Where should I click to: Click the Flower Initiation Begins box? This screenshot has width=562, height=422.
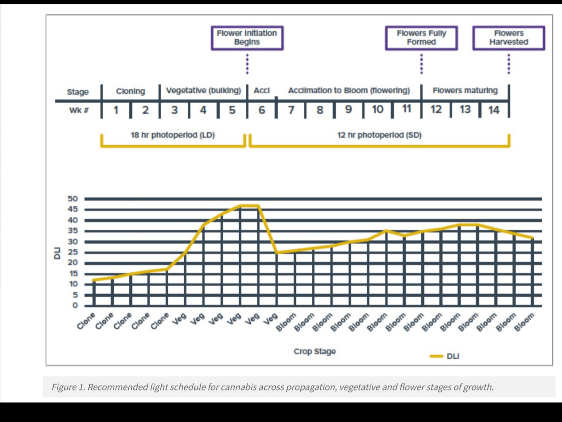coord(247,38)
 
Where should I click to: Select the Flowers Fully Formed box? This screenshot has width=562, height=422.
coord(421,38)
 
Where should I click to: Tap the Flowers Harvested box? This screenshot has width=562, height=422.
coord(509,38)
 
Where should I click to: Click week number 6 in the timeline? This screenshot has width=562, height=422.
coord(262,110)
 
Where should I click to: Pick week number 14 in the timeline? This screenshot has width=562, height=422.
coord(494,110)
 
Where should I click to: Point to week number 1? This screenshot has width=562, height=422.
coord(116,110)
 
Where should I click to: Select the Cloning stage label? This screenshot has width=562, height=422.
coord(130,91)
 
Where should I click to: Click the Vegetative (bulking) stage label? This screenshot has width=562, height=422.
coord(204,91)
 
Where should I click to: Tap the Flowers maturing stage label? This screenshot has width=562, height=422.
coord(465,91)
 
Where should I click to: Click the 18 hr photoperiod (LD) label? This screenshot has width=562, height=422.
coord(173,135)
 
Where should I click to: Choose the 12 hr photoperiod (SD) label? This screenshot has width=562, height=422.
coord(379,135)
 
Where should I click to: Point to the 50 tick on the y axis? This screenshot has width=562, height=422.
coord(73,199)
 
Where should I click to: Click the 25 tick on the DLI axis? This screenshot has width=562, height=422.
coord(73,252)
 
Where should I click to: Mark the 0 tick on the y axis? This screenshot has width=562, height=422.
coord(75,306)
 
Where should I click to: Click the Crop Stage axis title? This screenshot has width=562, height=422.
coord(315,352)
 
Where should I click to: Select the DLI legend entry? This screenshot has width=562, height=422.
coord(452,356)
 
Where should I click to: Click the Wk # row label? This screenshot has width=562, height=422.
coord(78,110)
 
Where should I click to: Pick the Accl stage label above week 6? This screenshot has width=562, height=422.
coord(262,91)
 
